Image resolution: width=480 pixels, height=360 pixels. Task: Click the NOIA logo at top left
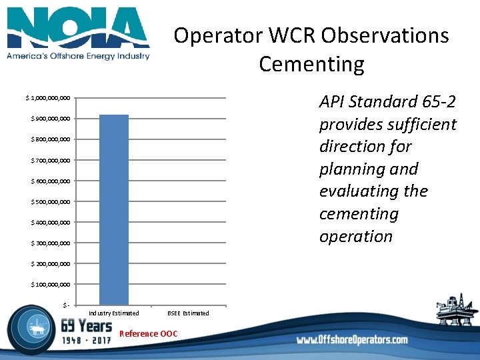(78, 28)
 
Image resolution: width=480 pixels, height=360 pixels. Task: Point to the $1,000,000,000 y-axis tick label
(48, 99)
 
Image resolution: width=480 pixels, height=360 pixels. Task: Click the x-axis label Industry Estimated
(114, 313)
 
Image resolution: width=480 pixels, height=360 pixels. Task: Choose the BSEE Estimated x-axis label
(188, 313)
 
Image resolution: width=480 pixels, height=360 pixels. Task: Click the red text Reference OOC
(148, 333)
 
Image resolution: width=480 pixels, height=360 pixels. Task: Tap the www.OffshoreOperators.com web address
(352, 340)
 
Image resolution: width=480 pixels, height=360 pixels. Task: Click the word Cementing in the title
(311, 64)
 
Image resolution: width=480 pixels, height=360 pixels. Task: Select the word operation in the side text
(355, 237)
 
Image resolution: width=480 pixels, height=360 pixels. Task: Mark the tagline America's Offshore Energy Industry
(78, 56)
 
